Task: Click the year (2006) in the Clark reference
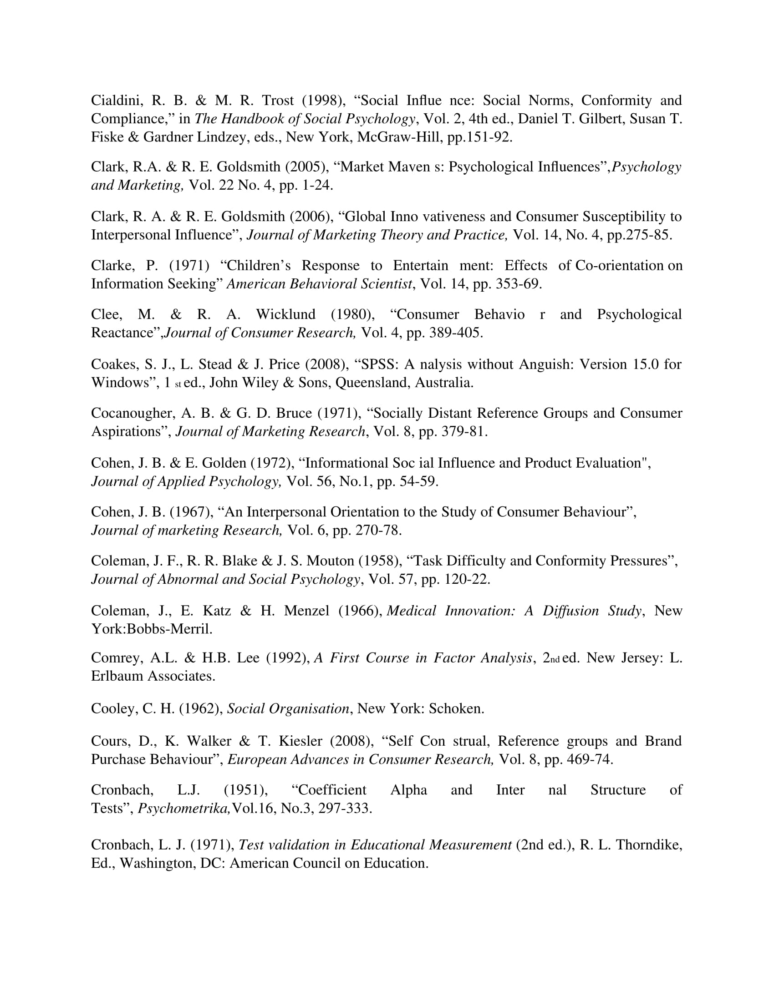(311, 216)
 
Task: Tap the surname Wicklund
(285, 314)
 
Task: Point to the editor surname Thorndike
(649, 845)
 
